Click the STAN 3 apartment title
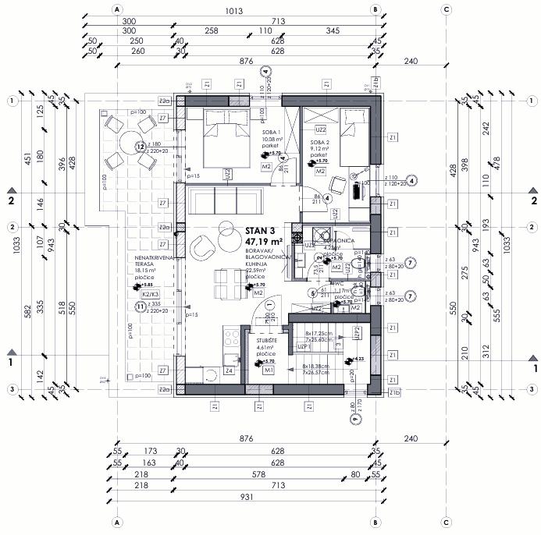coord(262,230)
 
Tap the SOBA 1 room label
coord(272,133)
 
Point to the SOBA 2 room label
coord(318,142)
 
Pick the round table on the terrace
coord(129,145)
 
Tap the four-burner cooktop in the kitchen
coord(232,336)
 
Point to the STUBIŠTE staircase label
coord(265,342)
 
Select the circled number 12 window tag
coord(141,146)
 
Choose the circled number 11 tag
coord(141,306)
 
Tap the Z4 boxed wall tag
coord(229,372)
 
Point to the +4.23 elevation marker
coord(358,359)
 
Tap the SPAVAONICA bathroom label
coord(340,241)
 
